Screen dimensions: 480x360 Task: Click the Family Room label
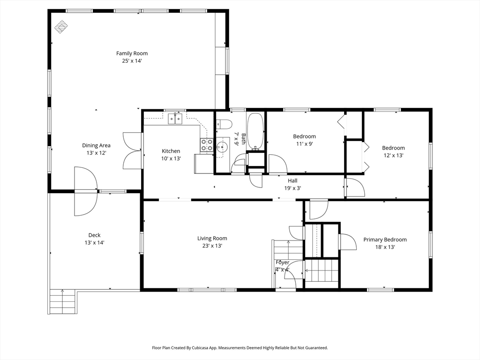pyautogui.click(x=132, y=53)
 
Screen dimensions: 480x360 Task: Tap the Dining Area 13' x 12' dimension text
pyautogui.click(x=96, y=153)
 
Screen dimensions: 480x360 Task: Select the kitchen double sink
pyautogui.click(x=175, y=119)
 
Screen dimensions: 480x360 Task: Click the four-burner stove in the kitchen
pyautogui.click(x=207, y=145)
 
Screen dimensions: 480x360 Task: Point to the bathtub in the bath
pyautogui.click(x=255, y=132)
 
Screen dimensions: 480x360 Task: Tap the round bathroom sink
pyautogui.click(x=222, y=147)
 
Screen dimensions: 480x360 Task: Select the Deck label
pyautogui.click(x=94, y=235)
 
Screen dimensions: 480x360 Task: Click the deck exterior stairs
pyautogui.click(x=62, y=301)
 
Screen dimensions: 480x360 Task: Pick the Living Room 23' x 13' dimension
pyautogui.click(x=212, y=246)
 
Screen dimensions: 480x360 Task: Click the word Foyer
pyautogui.click(x=282, y=262)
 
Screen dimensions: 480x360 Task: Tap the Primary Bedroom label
pyautogui.click(x=385, y=240)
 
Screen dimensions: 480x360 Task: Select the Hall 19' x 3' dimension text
pyautogui.click(x=292, y=188)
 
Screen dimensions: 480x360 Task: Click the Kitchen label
pyautogui.click(x=171, y=151)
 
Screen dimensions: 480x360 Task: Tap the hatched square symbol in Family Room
pyautogui.click(x=61, y=27)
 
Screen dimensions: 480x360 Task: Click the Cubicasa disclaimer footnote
pyautogui.click(x=240, y=348)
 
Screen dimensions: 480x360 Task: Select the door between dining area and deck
pyautogui.click(x=86, y=191)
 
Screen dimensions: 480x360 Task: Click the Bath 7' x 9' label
pyautogui.click(x=240, y=139)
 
